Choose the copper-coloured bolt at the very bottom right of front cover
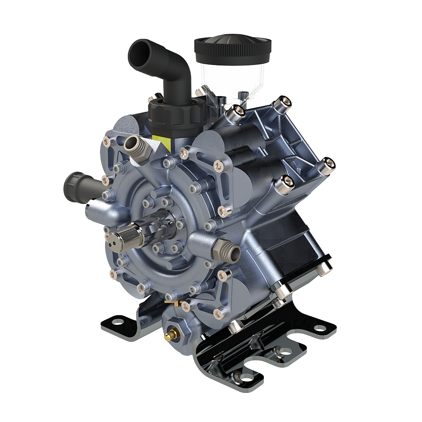(219, 313)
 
